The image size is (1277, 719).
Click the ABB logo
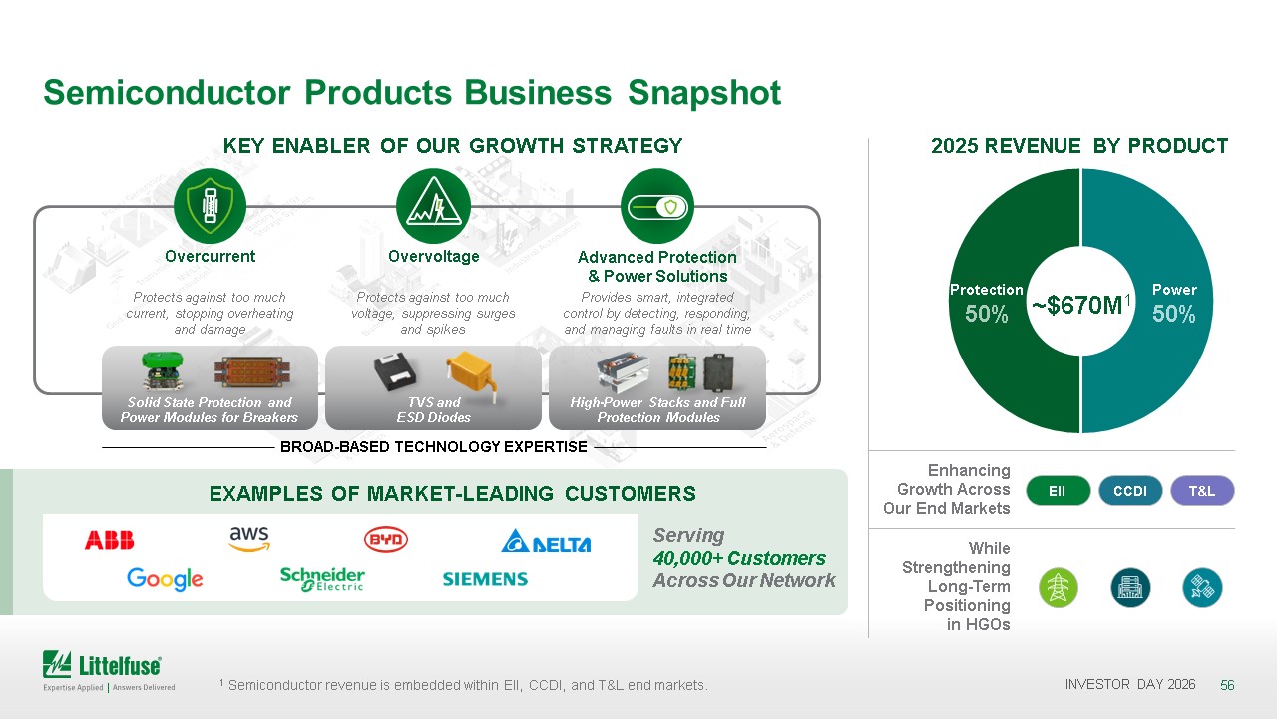pos(109,540)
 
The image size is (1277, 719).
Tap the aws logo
pos(249,538)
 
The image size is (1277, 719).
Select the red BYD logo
pos(386,540)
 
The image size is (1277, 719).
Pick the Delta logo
pos(546,541)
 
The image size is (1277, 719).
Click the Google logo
pos(165,579)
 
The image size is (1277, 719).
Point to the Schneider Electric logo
pos(322,579)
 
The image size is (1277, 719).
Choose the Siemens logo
pos(485,579)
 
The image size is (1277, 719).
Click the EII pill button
pos(1059,491)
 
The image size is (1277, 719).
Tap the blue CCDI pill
pos(1130,491)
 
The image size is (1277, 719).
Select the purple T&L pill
pos(1202,491)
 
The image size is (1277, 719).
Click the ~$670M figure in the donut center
pos(1080,305)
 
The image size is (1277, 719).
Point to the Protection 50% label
pos(987,303)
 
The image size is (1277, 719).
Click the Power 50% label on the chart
pos(1174,303)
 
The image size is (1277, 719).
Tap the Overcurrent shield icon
pos(210,206)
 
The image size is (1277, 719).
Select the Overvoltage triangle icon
pos(433,206)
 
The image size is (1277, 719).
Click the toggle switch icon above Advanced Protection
pos(656,206)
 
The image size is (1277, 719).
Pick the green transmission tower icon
pos(1059,588)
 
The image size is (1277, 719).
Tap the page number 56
pos(1227,685)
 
